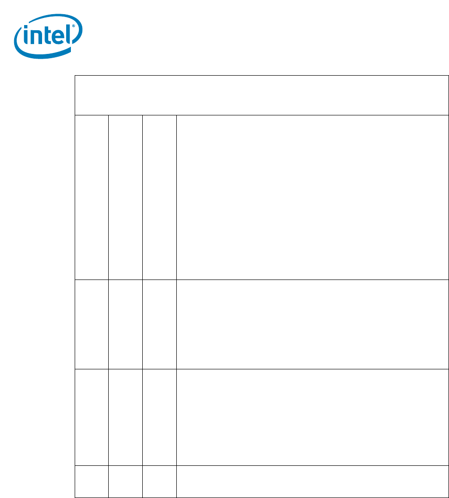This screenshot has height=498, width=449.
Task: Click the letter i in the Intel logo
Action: click(26, 35)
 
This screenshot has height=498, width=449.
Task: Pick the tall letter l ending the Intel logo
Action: click(68, 34)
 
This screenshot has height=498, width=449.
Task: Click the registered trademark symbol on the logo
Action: click(73, 26)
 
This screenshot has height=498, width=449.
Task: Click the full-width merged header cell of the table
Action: click(262, 95)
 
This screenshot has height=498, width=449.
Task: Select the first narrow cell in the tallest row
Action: click(92, 197)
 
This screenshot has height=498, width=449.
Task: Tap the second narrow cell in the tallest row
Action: click(125, 197)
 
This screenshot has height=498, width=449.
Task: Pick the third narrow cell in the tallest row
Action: click(159, 197)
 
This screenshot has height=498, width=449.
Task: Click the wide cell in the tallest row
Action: click(312, 197)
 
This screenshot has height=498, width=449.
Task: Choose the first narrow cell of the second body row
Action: click(92, 324)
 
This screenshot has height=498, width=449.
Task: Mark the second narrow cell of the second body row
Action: click(125, 324)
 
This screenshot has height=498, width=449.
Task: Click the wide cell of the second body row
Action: click(312, 324)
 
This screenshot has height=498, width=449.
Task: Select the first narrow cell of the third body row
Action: click(92, 417)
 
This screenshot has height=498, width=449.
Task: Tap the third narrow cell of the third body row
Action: click(159, 417)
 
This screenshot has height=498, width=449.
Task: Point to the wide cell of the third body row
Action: click(312, 417)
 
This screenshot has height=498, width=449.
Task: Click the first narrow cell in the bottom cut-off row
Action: click(92, 481)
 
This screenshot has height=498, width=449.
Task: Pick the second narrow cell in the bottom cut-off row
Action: click(125, 481)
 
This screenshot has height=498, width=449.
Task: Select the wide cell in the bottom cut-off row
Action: click(312, 481)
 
